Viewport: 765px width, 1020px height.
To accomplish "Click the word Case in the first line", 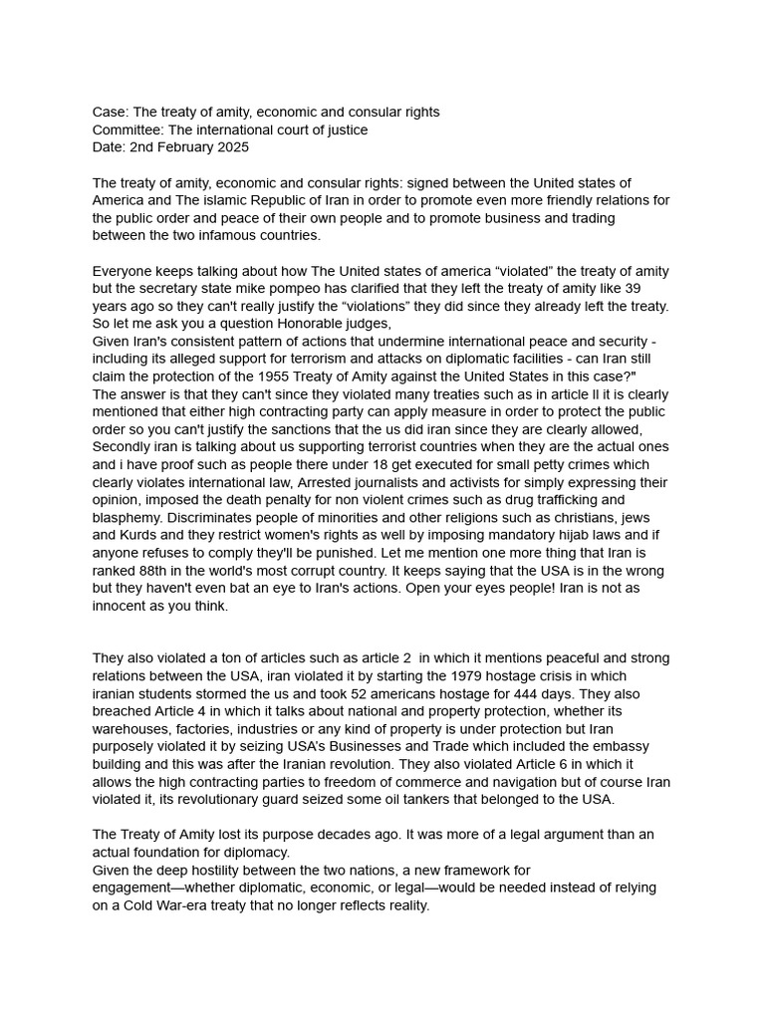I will click(x=110, y=113).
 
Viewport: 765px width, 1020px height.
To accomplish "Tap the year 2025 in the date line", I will click(x=232, y=148).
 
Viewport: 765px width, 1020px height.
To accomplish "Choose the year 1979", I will click(x=423, y=676).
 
